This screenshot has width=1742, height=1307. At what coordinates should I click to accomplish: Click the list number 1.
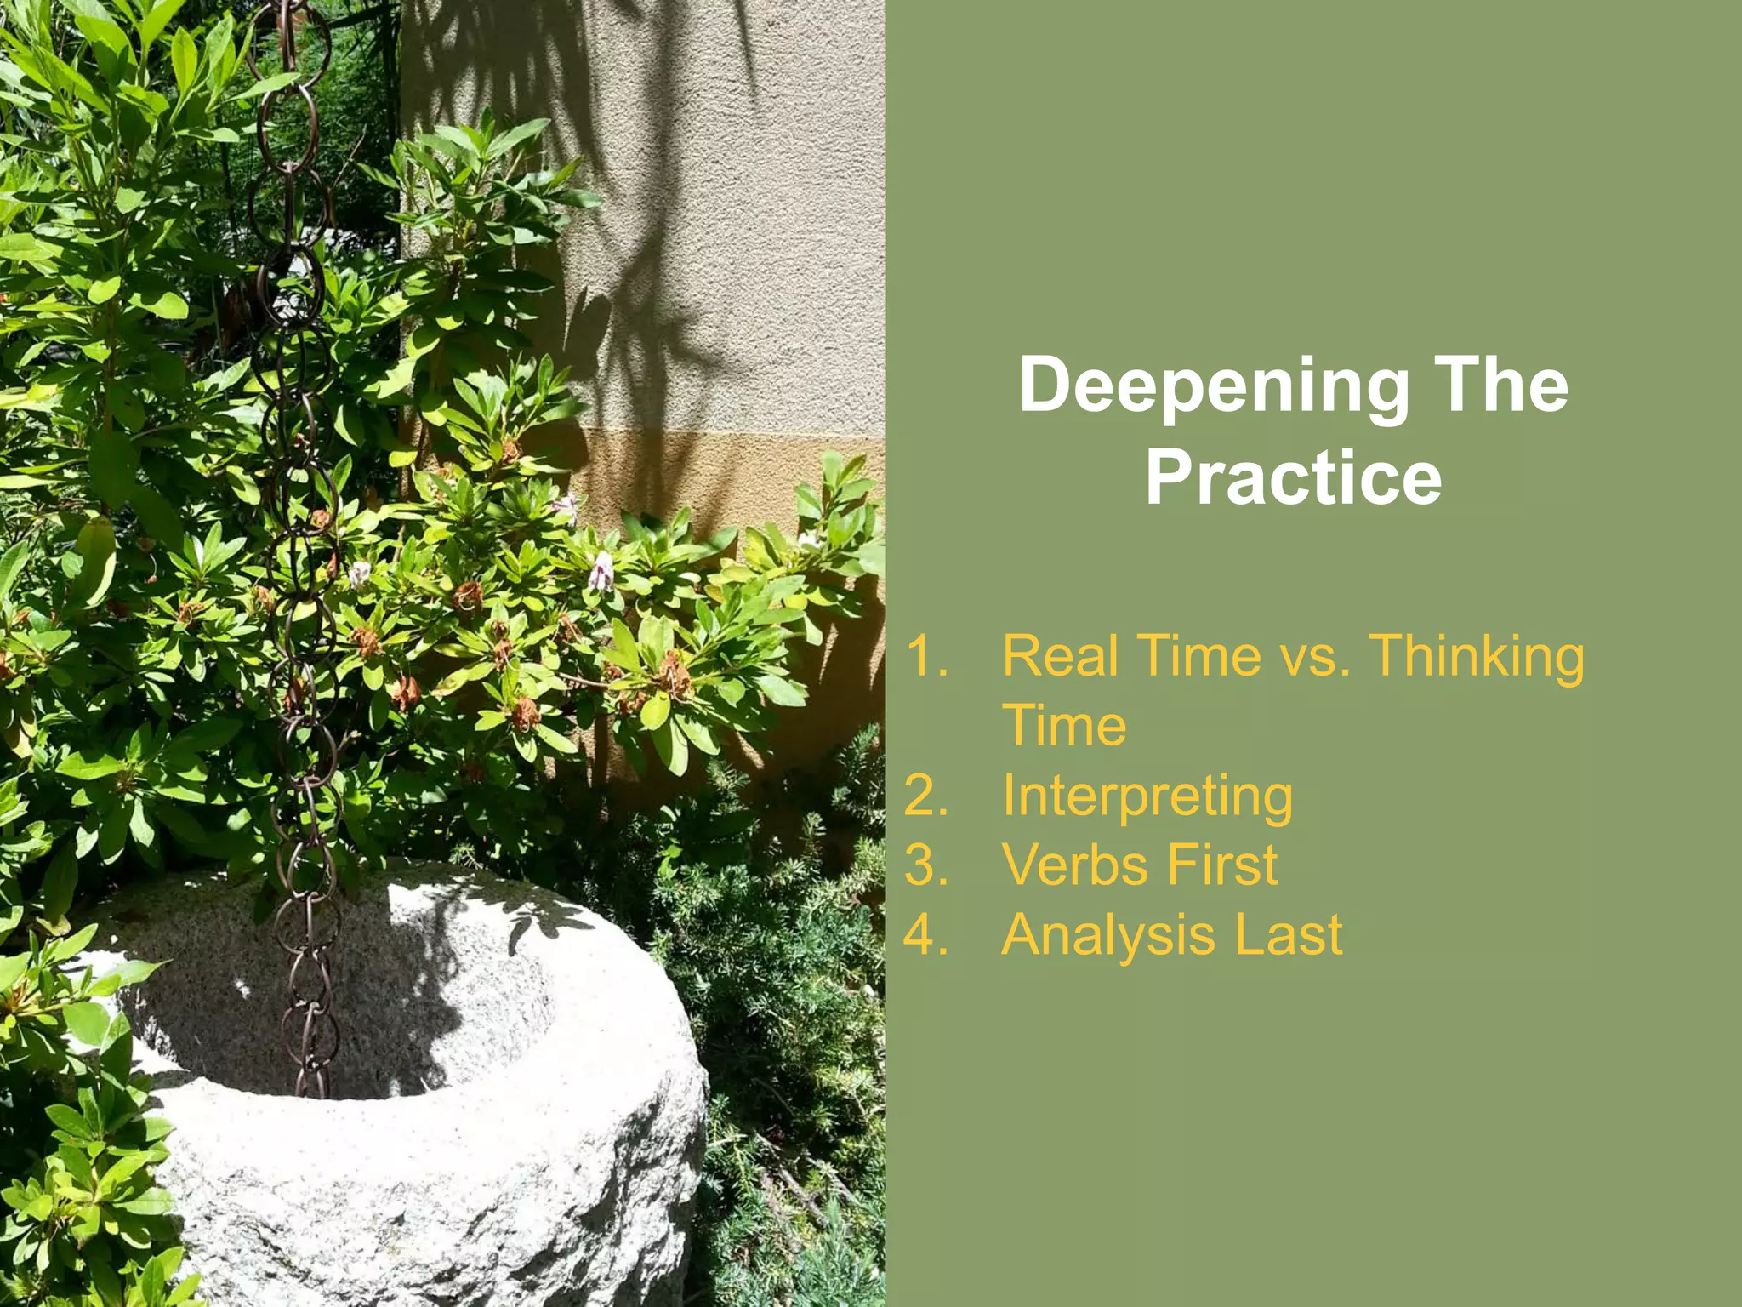click(x=927, y=656)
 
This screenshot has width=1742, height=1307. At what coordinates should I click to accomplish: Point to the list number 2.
click(x=927, y=796)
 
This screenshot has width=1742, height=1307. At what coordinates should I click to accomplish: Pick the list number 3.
click(x=927, y=865)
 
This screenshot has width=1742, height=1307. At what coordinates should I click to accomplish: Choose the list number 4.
click(x=927, y=935)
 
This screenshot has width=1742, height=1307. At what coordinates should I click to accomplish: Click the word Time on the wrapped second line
click(x=1064, y=726)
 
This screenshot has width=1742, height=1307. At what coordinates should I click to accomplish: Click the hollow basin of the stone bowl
click(x=357, y=1013)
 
